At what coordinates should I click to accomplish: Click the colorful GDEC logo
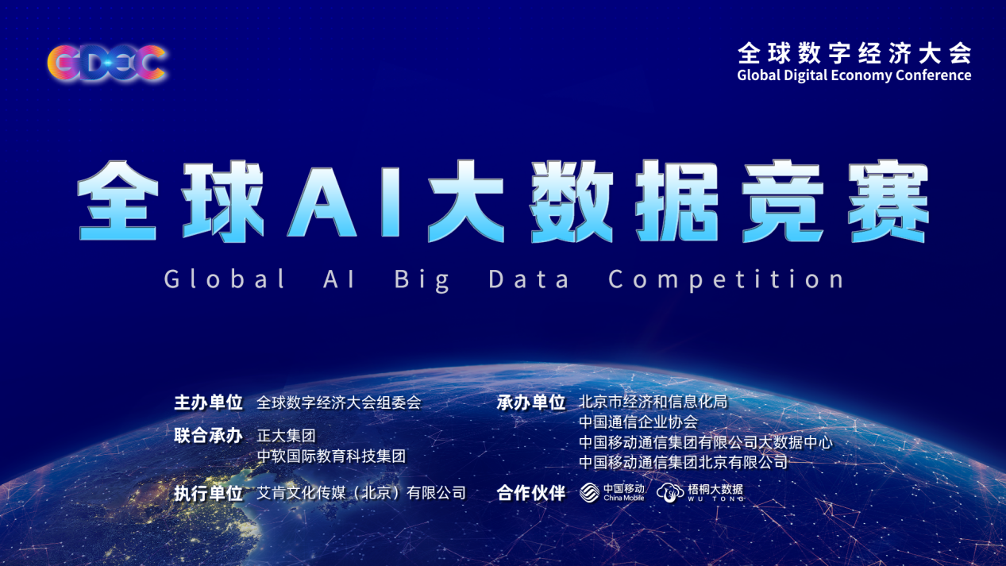coord(107,63)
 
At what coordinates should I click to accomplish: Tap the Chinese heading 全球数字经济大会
coord(854,53)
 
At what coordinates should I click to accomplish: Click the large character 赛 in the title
coord(888,201)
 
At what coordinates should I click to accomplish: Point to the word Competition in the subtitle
coord(727,279)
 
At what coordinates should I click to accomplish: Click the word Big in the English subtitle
coord(422,279)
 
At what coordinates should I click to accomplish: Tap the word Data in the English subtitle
coord(529,279)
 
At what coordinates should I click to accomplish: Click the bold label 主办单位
coord(208,402)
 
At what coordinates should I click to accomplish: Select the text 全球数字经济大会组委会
coord(339,402)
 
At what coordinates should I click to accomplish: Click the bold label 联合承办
coord(208,435)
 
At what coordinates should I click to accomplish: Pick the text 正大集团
coord(286,435)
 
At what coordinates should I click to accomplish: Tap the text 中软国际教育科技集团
coord(331,456)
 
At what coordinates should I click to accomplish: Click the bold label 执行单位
coord(208,493)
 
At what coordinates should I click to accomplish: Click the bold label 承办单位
coord(531,402)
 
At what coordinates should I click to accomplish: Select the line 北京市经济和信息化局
coord(653,402)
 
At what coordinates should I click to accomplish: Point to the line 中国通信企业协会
coord(638,422)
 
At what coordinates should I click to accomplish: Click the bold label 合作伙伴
coord(531,493)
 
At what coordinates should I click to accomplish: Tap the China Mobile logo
coord(611,492)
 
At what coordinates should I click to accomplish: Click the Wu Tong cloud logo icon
coord(670,493)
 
